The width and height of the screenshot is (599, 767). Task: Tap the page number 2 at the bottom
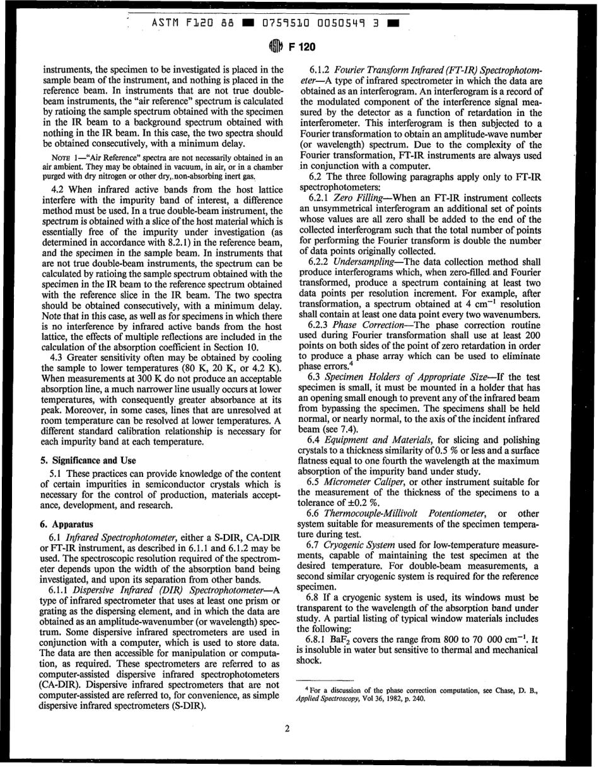(287, 729)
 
